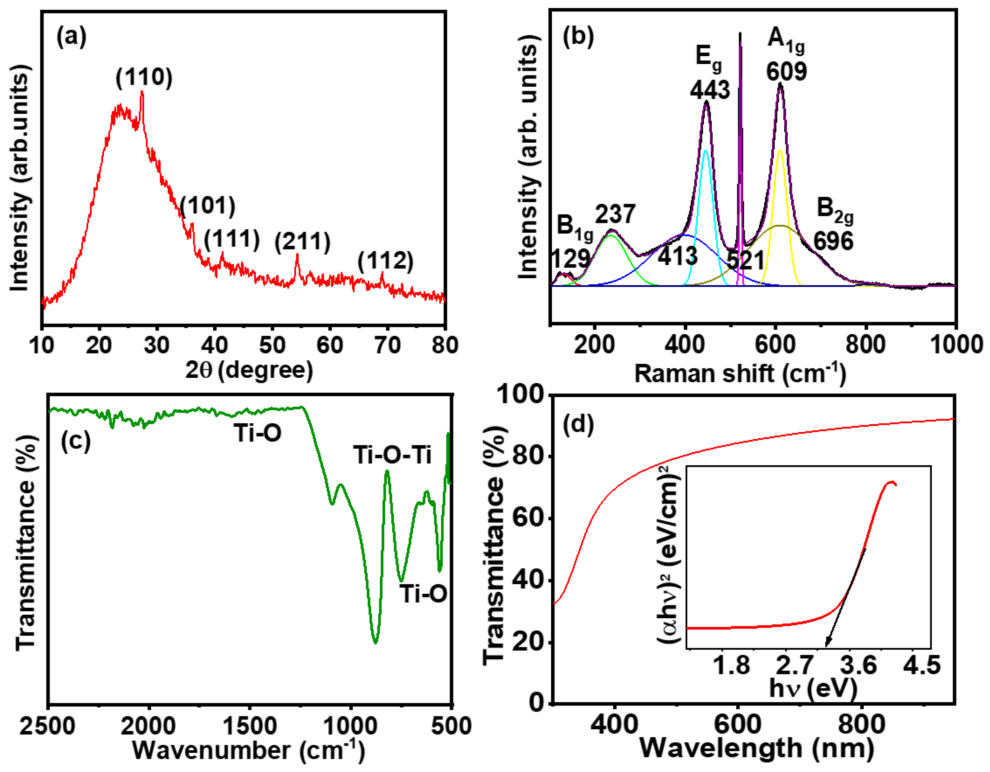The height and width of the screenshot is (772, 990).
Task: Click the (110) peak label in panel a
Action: click(144, 77)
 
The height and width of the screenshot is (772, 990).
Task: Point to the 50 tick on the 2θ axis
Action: click(272, 345)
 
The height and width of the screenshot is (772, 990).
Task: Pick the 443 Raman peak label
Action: click(710, 90)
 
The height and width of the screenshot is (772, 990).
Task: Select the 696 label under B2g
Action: click(833, 241)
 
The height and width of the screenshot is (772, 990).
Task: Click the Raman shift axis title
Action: click(740, 374)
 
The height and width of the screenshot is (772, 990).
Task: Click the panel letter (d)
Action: click(578, 425)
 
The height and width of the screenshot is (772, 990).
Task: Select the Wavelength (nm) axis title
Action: click(756, 748)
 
